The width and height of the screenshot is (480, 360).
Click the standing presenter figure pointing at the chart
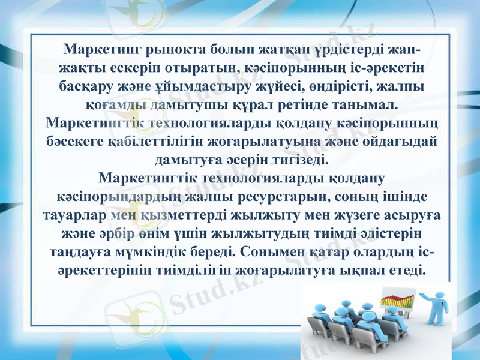click(434, 307)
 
